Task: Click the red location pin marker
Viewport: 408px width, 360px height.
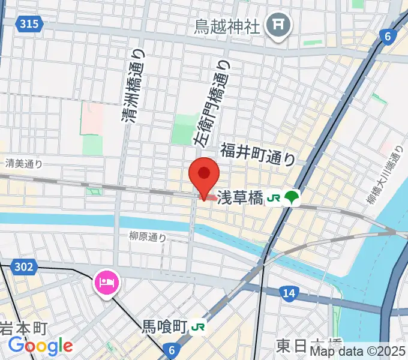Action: coord(204,176)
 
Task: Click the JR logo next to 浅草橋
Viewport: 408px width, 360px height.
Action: coord(274,197)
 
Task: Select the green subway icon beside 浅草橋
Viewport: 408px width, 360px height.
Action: coord(292,197)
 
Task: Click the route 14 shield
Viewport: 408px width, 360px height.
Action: coord(289,292)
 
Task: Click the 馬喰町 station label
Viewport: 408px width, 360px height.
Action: coord(164,327)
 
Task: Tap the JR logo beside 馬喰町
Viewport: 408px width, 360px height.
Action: coord(198,328)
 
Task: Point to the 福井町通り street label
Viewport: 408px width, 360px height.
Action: coord(257,154)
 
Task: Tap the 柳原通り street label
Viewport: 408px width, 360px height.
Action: coord(147,236)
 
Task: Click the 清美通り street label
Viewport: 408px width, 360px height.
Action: coord(24,163)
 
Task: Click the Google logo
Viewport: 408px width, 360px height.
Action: coord(40,346)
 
